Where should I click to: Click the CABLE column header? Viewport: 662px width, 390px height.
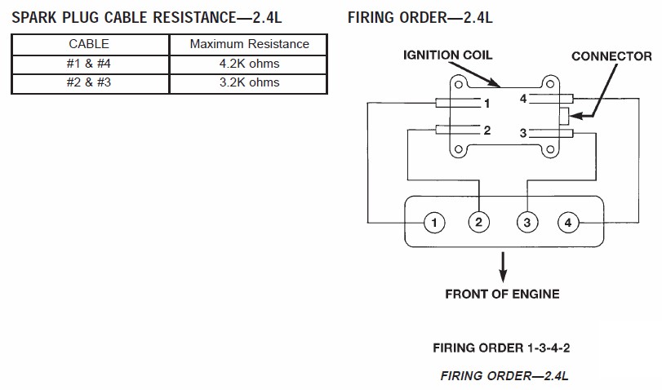click(x=89, y=44)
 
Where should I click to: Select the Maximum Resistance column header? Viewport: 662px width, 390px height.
click(x=250, y=44)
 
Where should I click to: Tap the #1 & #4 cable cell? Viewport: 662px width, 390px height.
click(x=89, y=64)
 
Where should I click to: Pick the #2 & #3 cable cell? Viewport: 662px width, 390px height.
click(x=89, y=82)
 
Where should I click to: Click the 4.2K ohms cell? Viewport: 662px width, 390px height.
click(x=250, y=64)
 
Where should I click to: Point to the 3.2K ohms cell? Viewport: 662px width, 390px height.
click(x=250, y=82)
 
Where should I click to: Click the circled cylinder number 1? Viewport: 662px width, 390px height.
click(x=434, y=223)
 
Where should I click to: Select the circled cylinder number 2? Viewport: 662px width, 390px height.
click(x=479, y=222)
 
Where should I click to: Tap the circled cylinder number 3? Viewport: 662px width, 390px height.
click(x=527, y=223)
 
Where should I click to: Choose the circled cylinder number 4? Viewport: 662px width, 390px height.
click(x=568, y=223)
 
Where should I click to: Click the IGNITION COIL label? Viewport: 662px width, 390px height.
click(x=447, y=55)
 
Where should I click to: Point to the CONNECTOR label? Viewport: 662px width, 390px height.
click(x=611, y=56)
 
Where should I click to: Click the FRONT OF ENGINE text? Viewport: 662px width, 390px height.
click(x=502, y=295)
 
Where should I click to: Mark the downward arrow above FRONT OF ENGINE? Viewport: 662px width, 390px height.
click(x=503, y=267)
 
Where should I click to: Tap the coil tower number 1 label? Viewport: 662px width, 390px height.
click(x=487, y=104)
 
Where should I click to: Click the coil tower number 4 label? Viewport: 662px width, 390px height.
click(x=523, y=99)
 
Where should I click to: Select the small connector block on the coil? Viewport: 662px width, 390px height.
click(x=565, y=116)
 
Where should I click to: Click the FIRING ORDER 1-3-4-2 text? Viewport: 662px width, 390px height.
click(x=501, y=348)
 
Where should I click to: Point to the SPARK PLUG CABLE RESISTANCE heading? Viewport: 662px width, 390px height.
click(x=146, y=18)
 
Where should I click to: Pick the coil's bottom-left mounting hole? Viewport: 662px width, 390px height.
click(x=459, y=149)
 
